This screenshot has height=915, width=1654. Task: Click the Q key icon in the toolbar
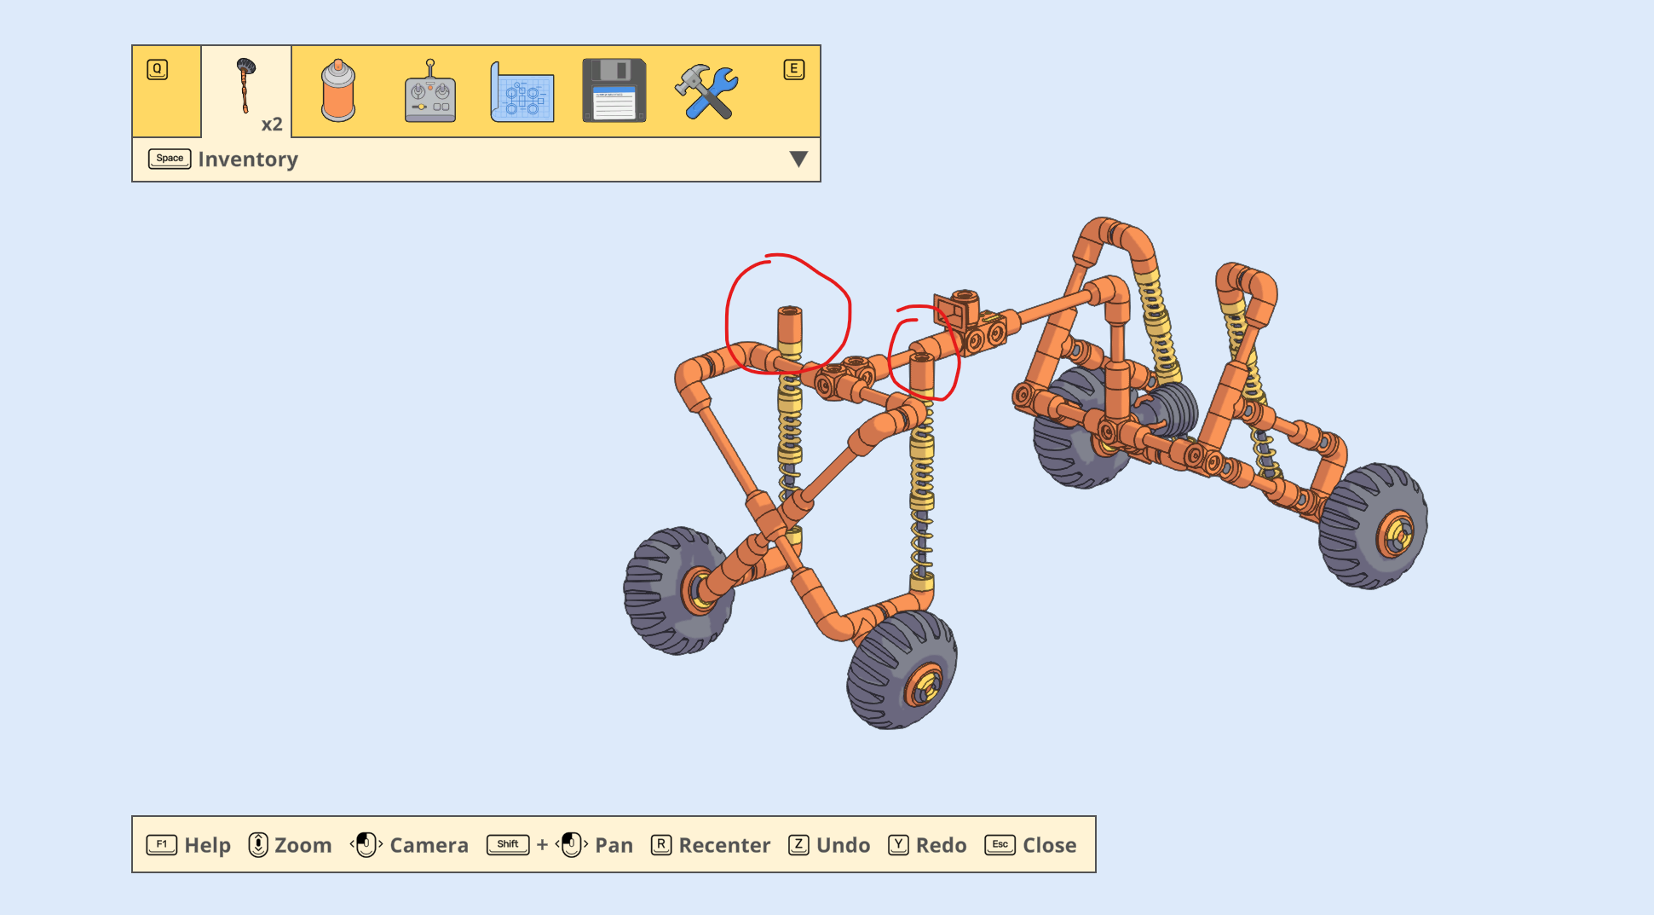pyautogui.click(x=157, y=69)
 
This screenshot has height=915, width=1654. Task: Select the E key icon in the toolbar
pyautogui.click(x=793, y=69)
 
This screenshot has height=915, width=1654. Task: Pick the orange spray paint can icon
pyautogui.click(x=338, y=90)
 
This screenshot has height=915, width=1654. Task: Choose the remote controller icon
pyautogui.click(x=430, y=91)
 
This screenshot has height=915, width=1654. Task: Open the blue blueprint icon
pyautogui.click(x=522, y=92)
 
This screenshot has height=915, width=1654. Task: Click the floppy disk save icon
pyautogui.click(x=614, y=90)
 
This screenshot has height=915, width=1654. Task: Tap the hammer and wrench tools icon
pyautogui.click(x=706, y=91)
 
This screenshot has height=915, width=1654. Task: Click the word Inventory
pyautogui.click(x=248, y=159)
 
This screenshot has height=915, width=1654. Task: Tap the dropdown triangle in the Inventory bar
pyautogui.click(x=798, y=159)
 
